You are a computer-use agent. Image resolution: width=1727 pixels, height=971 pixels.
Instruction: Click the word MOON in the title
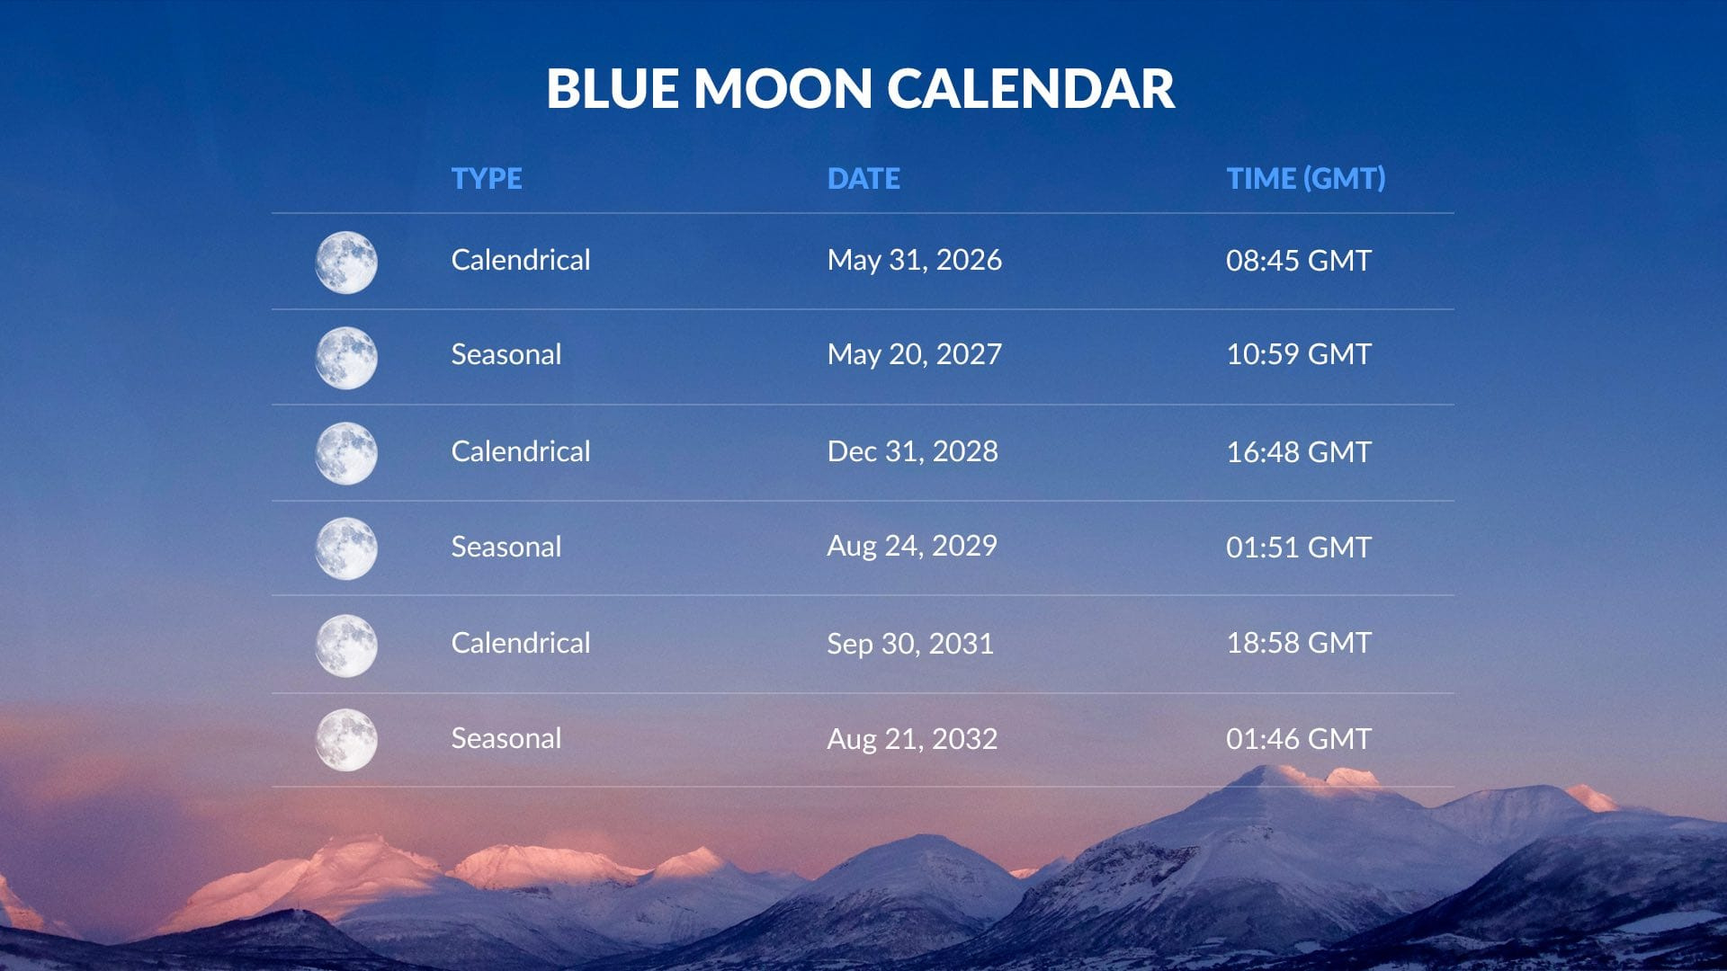point(783,89)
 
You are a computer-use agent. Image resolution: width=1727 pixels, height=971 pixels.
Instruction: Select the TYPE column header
point(486,178)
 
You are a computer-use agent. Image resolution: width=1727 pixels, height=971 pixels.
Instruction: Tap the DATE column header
point(863,178)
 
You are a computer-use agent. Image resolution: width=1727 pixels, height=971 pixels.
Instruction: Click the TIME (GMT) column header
point(1305,178)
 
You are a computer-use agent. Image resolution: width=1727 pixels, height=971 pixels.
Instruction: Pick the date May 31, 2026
point(914,260)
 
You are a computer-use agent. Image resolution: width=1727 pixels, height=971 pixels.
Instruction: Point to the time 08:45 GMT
point(1298,261)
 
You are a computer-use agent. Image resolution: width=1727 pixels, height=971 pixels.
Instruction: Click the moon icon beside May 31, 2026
point(346,263)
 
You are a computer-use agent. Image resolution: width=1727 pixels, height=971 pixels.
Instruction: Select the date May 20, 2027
point(914,354)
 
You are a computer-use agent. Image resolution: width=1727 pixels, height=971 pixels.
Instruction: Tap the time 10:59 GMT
point(1298,354)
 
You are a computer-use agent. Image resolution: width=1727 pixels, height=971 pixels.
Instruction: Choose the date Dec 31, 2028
point(912,451)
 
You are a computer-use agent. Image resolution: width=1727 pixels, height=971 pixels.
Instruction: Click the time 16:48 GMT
point(1298,452)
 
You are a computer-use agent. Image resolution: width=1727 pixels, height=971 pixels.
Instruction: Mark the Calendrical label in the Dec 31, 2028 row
point(520,451)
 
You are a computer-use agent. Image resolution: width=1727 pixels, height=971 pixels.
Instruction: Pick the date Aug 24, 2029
point(911,546)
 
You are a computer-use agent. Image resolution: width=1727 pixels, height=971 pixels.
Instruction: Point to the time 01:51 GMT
point(1298,548)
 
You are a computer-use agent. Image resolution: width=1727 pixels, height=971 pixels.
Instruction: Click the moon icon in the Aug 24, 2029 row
point(346,548)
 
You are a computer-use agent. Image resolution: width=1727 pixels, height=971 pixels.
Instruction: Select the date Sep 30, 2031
point(909,644)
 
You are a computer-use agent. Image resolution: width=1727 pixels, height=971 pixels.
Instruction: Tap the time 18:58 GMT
point(1298,643)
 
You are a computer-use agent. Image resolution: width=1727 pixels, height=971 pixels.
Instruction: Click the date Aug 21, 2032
point(911,739)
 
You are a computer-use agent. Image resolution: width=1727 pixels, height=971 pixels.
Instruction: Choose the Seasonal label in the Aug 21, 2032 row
point(506,738)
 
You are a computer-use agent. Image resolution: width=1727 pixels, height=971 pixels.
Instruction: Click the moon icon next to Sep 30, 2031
point(346,646)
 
